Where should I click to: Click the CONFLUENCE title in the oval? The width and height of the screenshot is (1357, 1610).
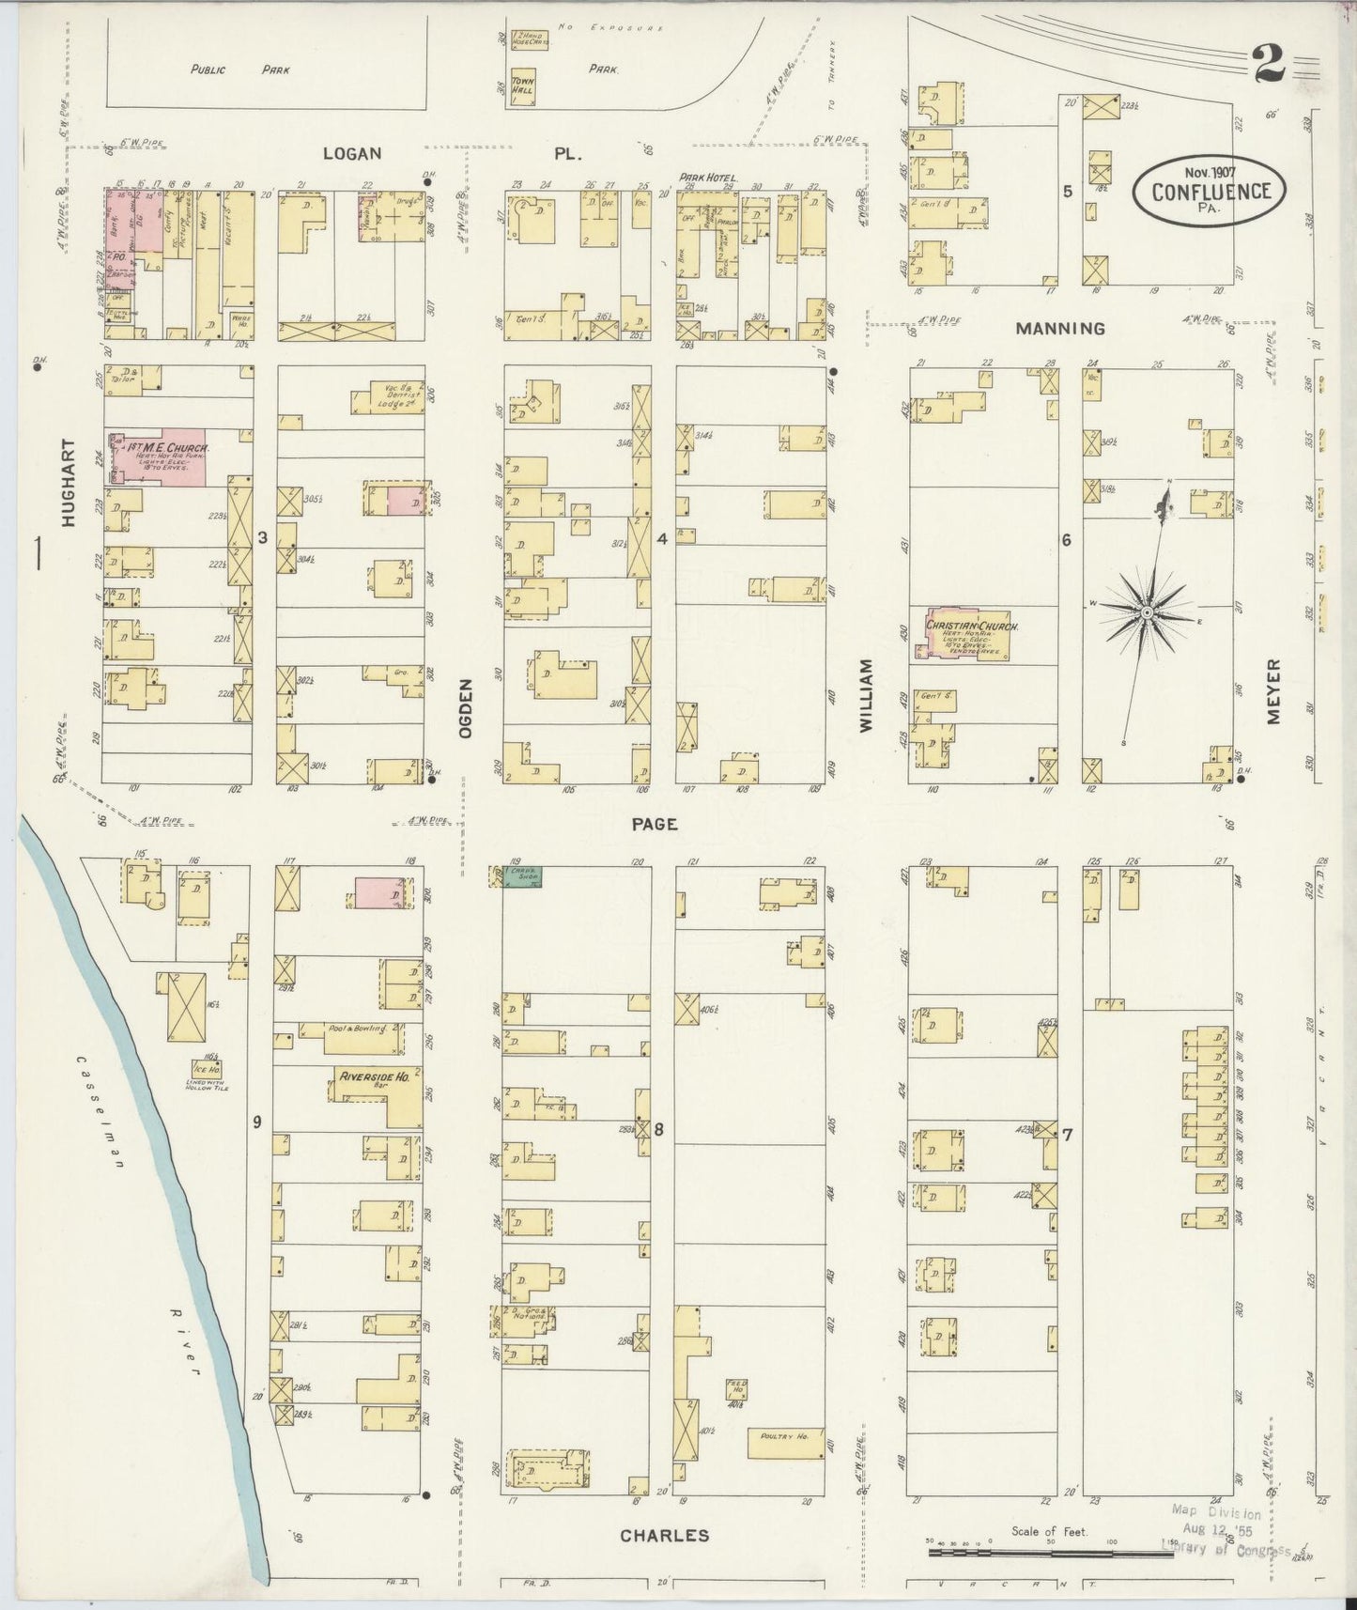(x=1211, y=192)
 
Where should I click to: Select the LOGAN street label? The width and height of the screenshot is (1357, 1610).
(x=351, y=152)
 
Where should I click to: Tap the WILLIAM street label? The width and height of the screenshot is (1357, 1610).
(x=865, y=695)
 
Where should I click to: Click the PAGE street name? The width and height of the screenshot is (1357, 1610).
(x=655, y=824)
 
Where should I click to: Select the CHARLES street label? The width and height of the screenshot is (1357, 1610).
(x=664, y=1535)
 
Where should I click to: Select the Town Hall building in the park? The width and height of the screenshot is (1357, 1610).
(x=523, y=86)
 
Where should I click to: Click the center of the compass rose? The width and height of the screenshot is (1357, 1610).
(x=1147, y=611)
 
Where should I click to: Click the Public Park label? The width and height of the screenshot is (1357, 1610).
(x=239, y=70)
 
